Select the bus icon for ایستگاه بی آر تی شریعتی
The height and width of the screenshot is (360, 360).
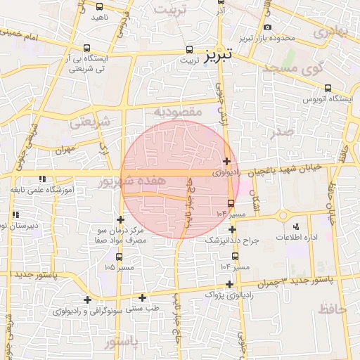86,49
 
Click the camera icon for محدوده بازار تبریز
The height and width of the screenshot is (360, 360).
268,27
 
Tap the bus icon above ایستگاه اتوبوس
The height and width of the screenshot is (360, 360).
328,88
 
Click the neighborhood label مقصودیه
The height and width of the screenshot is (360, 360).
179,112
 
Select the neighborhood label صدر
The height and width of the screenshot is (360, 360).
283,131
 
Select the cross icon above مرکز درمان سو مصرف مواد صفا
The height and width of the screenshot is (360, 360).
121,220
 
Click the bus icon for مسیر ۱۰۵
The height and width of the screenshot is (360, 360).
118,257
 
